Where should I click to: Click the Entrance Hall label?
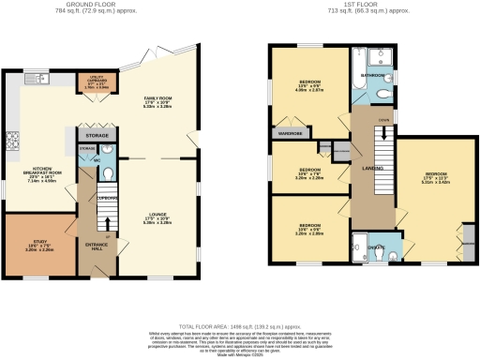point(97,246)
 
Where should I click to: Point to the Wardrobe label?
point(282,132)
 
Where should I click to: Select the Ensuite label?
point(375,247)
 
